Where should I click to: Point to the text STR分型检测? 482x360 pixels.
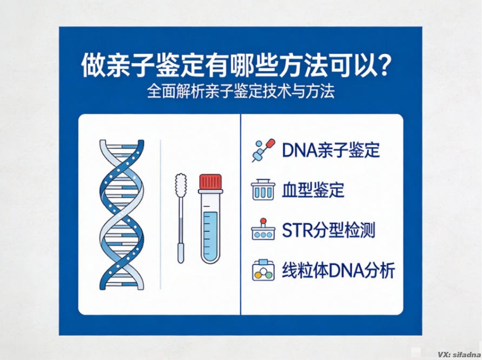pos(328,231)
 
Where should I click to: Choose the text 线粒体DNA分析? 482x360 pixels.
pos(339,270)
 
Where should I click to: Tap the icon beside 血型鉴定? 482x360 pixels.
pos(263,191)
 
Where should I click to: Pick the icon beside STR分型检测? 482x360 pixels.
pos(263,231)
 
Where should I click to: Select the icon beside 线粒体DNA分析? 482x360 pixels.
pos(263,270)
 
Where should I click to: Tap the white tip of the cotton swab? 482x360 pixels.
pos(181,184)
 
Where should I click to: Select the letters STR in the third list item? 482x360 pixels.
pos(294,231)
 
